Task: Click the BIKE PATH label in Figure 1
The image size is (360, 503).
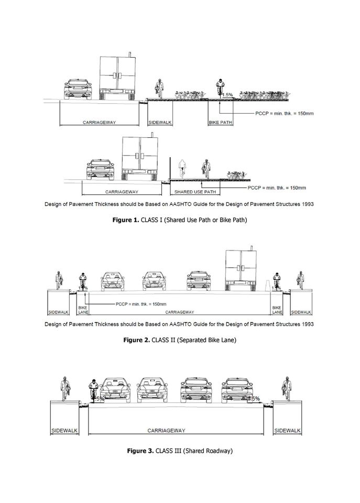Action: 221,123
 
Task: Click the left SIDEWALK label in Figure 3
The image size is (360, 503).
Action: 64,431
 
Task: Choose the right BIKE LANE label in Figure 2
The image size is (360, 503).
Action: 277,310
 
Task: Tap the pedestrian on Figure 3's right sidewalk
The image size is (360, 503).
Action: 287,388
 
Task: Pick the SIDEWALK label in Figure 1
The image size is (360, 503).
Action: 160,123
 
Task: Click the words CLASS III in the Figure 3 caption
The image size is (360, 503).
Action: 167,451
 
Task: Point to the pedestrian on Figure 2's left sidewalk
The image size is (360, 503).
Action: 58,278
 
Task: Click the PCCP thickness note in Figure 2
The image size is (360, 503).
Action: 142,304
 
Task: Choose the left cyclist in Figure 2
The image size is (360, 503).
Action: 82,281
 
